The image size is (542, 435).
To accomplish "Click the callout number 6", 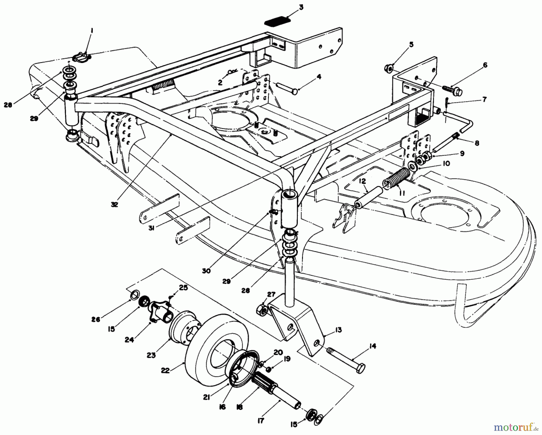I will [x=484, y=65].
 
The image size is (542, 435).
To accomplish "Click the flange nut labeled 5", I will [x=388, y=69].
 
